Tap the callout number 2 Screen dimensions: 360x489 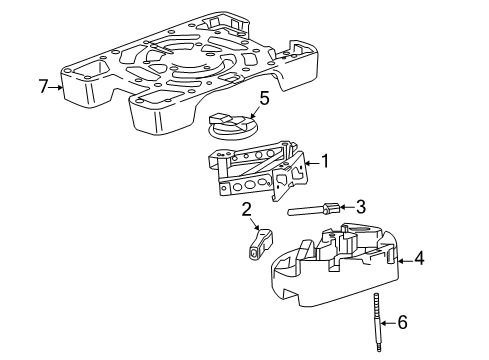pos(246,209)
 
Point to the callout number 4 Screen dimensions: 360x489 pos(420,258)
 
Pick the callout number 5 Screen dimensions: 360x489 pos(264,98)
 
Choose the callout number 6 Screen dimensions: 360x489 pos(403,322)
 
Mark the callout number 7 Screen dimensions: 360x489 pos(43,87)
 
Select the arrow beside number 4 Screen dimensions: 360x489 pos(403,259)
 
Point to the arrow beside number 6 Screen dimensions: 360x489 pos(388,322)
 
